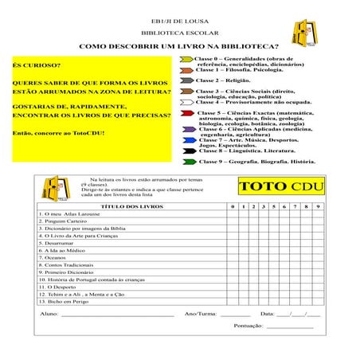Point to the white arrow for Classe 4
point(187,102)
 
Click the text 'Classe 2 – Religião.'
point(226,80)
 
